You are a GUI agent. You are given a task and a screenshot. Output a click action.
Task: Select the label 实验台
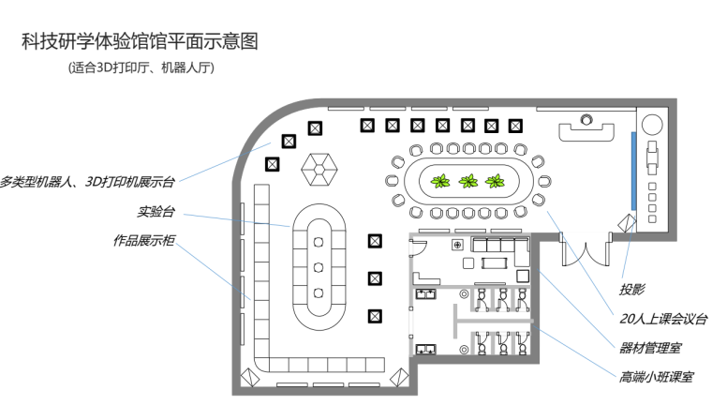tap(156, 211)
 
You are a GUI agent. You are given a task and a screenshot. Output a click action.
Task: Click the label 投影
tap(631, 289)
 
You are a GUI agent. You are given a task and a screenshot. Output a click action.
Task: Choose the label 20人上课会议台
tap(662, 319)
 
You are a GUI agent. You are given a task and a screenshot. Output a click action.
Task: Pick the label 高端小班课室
tap(656, 378)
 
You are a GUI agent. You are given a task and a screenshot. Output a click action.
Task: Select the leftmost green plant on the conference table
tap(438, 180)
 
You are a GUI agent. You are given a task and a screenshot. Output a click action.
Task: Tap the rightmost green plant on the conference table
tap(497, 180)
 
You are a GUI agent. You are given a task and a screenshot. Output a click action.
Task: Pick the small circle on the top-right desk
tap(586, 119)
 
